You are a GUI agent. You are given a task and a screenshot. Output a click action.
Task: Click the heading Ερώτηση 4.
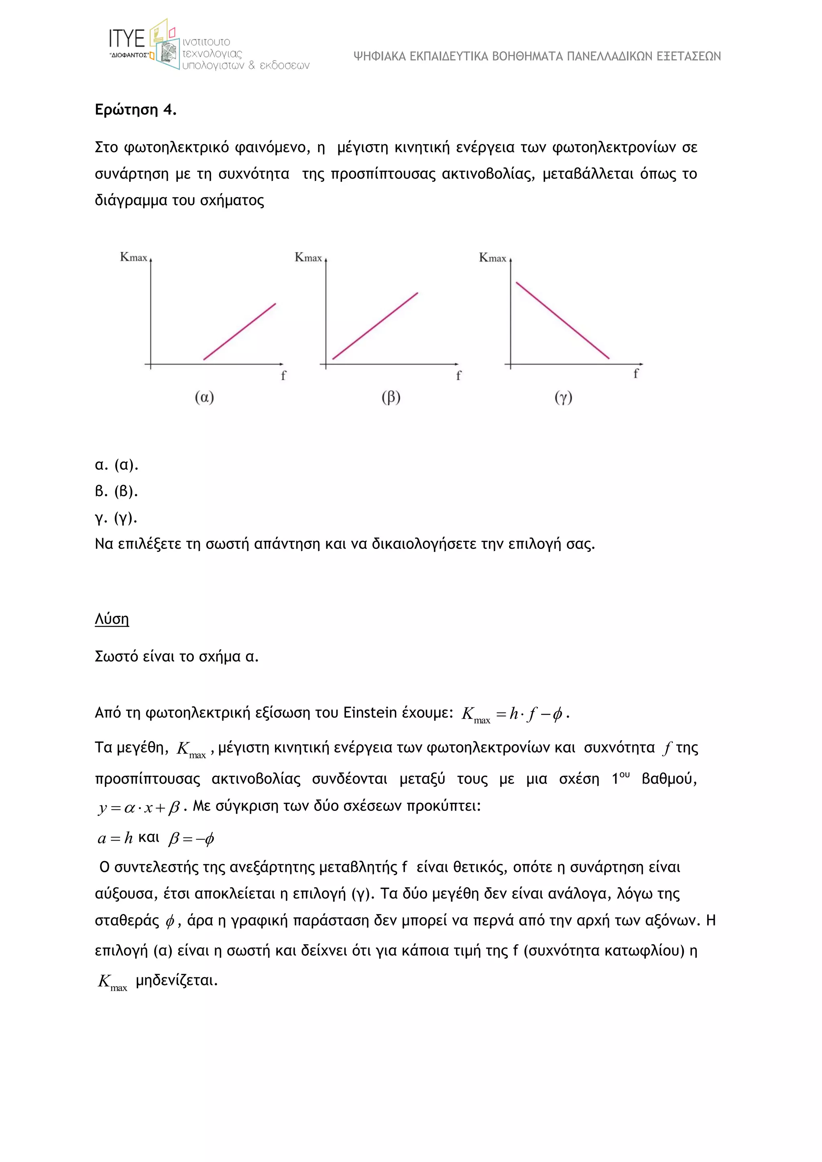(x=136, y=110)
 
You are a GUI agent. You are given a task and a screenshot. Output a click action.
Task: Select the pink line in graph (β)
(x=375, y=326)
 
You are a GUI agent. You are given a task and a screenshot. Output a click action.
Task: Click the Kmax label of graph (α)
(x=134, y=257)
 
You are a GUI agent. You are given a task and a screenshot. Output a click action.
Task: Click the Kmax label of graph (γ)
(x=492, y=258)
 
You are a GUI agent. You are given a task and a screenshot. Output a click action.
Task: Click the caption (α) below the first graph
(x=204, y=398)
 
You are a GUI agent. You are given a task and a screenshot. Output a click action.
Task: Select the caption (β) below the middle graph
(x=391, y=398)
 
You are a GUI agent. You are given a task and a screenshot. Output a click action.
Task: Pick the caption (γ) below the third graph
(x=564, y=398)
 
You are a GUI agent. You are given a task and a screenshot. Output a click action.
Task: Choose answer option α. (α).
(x=116, y=465)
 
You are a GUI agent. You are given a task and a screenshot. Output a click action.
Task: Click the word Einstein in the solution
(x=370, y=713)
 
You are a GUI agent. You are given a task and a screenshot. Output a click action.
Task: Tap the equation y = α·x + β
(x=139, y=807)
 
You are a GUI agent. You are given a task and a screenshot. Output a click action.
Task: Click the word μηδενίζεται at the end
(x=177, y=980)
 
